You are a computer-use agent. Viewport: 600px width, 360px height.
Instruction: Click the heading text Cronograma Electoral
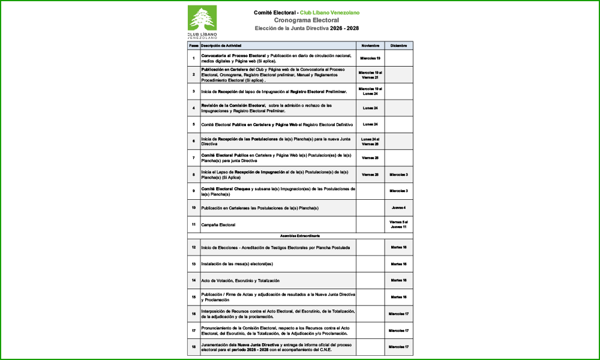(x=307, y=20)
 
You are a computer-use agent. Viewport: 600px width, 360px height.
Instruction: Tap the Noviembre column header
(x=370, y=46)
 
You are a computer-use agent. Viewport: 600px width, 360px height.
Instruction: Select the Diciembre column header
(x=398, y=46)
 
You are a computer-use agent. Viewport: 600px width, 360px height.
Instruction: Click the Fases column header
(x=194, y=46)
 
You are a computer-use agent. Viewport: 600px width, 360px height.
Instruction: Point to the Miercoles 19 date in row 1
(x=370, y=58)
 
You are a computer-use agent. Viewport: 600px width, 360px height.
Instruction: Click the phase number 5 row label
(x=194, y=124)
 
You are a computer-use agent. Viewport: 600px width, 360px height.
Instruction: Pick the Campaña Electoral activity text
(x=218, y=224)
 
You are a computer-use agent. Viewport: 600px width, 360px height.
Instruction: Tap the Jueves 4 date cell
(x=398, y=208)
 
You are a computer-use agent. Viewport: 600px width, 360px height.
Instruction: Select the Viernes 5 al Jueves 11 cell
(x=398, y=224)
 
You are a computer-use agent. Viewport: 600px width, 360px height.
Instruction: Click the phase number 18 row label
(x=194, y=347)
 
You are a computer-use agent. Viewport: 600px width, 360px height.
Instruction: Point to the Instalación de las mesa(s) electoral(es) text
(x=237, y=264)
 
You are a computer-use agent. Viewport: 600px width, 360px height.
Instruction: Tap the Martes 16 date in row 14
(x=398, y=280)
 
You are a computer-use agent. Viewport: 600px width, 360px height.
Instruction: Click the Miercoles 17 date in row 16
(x=398, y=314)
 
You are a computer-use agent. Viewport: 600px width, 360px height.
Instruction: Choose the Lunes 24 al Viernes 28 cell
(x=370, y=141)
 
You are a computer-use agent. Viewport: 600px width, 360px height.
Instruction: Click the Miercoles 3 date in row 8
(x=398, y=175)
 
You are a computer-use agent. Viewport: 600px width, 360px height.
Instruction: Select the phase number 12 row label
(x=194, y=247)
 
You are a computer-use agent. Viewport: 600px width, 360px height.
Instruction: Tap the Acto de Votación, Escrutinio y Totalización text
(x=240, y=280)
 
